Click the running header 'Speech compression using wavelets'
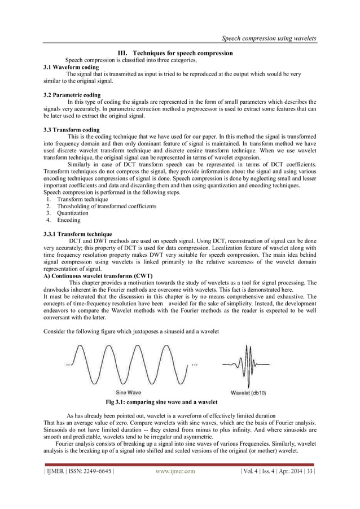pos(268,38)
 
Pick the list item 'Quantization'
pos(73,213)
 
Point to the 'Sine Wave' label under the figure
pos(129,392)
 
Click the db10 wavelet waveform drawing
pos(247,365)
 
